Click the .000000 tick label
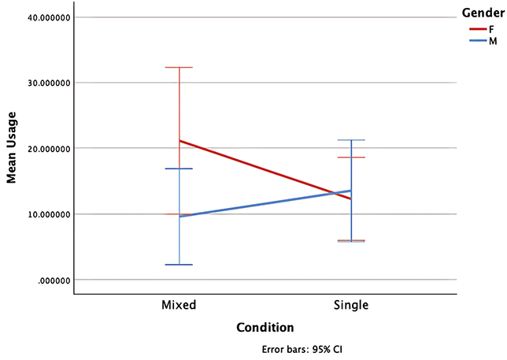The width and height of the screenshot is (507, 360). click(x=50, y=280)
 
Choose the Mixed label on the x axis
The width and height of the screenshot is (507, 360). click(x=179, y=304)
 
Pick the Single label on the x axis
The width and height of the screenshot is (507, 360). click(x=351, y=304)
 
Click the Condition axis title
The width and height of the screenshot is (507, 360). click(x=265, y=327)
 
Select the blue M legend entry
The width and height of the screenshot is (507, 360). click(x=481, y=41)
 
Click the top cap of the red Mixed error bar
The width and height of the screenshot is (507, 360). click(x=179, y=68)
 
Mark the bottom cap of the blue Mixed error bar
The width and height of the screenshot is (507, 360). click(x=179, y=265)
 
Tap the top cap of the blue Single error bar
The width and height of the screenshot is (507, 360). click(x=351, y=140)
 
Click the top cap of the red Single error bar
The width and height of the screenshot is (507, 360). click(x=351, y=158)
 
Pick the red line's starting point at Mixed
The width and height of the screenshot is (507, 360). click(x=179, y=141)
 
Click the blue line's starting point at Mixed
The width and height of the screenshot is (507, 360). click(x=179, y=216)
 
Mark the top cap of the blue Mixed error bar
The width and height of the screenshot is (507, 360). click(x=179, y=169)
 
